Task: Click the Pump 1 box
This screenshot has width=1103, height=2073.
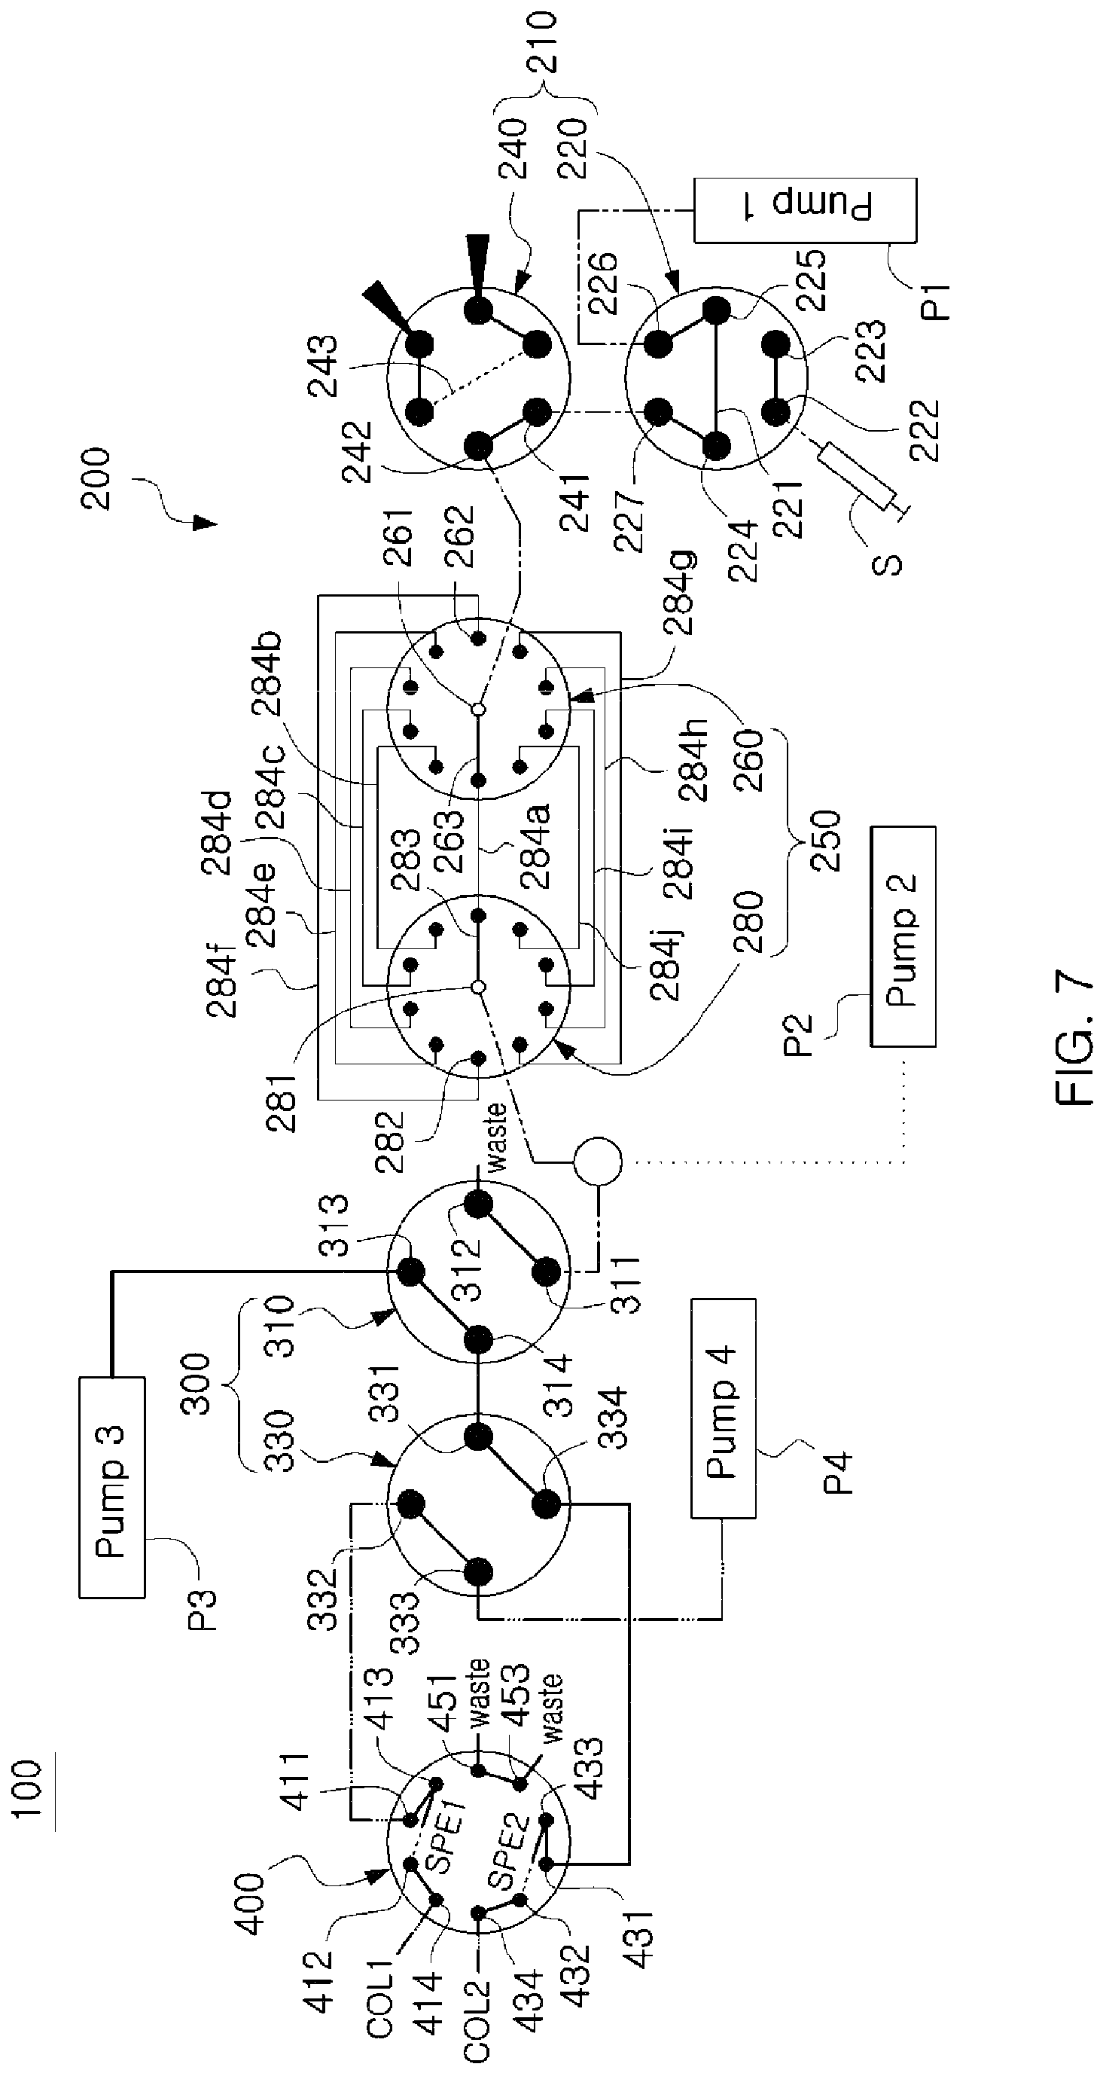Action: click(x=806, y=210)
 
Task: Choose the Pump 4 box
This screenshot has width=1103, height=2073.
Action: click(x=724, y=1409)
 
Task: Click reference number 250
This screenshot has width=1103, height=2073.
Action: click(x=824, y=841)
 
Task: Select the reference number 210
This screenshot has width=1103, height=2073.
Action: click(x=538, y=42)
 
